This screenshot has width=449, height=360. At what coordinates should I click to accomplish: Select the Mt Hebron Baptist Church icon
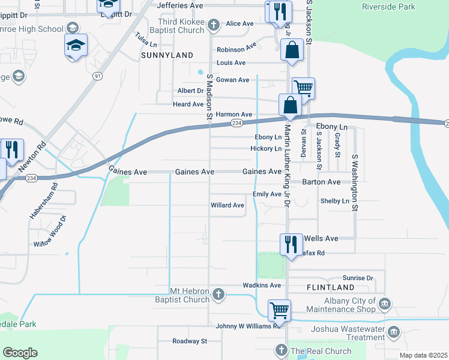coord(219,294)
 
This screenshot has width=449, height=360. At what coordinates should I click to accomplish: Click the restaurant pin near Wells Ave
coord(291,245)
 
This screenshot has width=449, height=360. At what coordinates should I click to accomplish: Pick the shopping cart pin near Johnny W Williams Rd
coord(279,311)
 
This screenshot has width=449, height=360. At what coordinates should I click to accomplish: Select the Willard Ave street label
coord(228,205)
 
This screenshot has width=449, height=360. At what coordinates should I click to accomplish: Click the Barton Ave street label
coord(321,182)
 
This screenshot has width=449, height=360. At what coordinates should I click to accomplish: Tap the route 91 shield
coord(97,76)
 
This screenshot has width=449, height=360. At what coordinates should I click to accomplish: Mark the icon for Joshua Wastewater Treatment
coord(394,332)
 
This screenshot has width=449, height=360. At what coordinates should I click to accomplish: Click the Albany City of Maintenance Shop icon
coord(384,304)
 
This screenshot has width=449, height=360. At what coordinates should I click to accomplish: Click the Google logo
coord(20,352)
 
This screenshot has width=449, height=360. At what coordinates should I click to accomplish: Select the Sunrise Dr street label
coord(358,278)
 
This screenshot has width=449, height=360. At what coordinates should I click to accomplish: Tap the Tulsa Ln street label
coord(146,40)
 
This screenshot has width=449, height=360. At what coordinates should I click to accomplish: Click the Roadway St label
coord(190,341)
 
